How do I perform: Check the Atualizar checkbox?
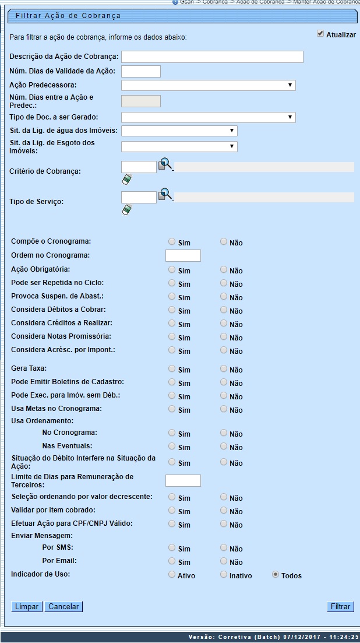[320, 34]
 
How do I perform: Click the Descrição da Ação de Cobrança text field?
[212, 57]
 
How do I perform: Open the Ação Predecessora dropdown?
[208, 86]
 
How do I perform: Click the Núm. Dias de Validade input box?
[140, 71]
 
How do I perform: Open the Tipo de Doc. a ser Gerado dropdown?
[208, 118]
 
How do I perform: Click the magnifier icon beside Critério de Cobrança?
[165, 164]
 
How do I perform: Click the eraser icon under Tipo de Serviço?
[126, 209]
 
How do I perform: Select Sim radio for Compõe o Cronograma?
[171, 241]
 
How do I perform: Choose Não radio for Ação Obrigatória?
[224, 269]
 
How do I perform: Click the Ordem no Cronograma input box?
[183, 255]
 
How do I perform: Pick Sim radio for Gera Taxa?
[171, 368]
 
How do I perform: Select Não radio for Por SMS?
[224, 547]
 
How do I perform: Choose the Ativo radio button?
[171, 575]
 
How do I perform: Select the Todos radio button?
[276, 575]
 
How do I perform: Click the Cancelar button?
[63, 607]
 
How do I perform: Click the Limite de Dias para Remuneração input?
[183, 480]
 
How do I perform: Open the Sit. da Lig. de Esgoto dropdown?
[179, 146]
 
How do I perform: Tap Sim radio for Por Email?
[171, 561]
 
